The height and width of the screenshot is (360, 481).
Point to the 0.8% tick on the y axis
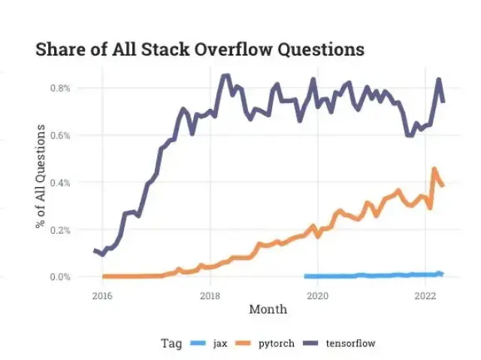(x=61, y=88)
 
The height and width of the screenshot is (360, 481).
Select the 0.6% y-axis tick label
(x=61, y=135)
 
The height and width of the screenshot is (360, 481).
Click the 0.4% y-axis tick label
(x=61, y=183)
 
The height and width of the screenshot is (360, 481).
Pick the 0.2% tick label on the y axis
(x=61, y=230)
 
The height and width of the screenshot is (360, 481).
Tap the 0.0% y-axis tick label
(x=61, y=277)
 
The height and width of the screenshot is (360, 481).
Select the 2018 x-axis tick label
(x=210, y=295)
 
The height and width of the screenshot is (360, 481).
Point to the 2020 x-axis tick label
(x=318, y=295)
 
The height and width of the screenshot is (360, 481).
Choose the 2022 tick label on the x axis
(x=426, y=295)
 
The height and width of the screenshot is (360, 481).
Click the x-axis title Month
(x=268, y=309)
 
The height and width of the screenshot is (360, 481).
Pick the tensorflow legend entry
(x=350, y=343)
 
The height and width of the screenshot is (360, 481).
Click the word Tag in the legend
(x=171, y=343)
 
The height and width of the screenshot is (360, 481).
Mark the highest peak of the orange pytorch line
(x=434, y=169)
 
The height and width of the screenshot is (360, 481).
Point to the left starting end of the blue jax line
(x=305, y=277)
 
